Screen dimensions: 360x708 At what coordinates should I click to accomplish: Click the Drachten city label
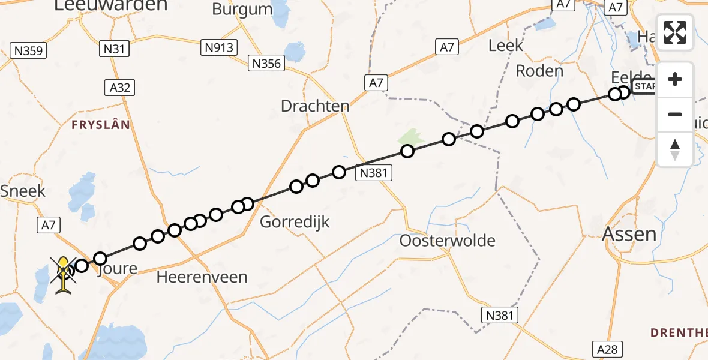[x=315, y=106]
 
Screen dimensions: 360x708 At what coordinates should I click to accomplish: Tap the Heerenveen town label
[x=202, y=277]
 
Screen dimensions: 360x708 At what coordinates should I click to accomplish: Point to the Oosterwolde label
[x=448, y=241]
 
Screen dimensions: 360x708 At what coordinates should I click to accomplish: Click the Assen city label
[x=629, y=234]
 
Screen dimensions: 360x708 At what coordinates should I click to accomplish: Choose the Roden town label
[x=539, y=71]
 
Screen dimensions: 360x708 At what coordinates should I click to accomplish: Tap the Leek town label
[x=505, y=45]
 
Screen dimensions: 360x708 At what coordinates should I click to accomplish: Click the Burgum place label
[x=242, y=9]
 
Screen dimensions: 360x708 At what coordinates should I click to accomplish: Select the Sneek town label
[x=23, y=191]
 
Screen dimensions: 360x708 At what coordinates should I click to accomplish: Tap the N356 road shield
[x=266, y=63]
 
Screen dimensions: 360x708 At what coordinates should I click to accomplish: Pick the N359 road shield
[x=28, y=50]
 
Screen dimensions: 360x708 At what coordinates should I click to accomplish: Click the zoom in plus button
[x=675, y=79]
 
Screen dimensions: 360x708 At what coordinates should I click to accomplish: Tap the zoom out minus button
[x=675, y=114]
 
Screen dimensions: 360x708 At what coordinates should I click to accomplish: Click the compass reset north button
[x=675, y=149]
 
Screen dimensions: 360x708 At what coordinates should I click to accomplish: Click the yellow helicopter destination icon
[x=63, y=275]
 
